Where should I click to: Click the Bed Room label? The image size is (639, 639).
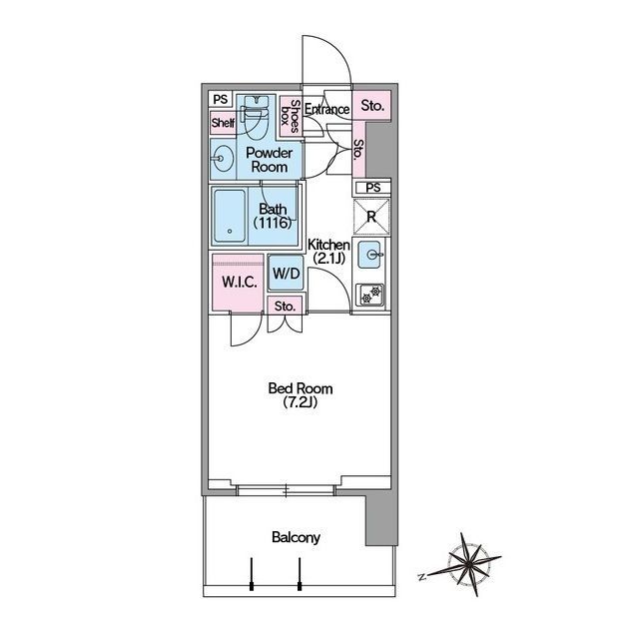click(301, 395)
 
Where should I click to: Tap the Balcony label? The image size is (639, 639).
click(296, 537)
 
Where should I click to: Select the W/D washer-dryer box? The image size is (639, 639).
click(287, 273)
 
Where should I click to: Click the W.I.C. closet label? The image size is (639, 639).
click(240, 282)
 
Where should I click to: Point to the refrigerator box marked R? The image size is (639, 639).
click(371, 217)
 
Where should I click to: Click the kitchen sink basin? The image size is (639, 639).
click(369, 255)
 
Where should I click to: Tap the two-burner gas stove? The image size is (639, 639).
click(370, 295)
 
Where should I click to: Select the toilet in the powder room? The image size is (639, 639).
click(256, 115)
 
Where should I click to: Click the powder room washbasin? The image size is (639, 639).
click(223, 159)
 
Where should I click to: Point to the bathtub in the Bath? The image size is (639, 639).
click(230, 216)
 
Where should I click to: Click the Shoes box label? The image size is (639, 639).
click(291, 116)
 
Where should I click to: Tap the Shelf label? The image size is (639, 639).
click(223, 122)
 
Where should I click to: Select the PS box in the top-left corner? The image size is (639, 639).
click(221, 100)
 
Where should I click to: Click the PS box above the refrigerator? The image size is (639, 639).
click(372, 188)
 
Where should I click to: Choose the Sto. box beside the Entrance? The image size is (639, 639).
click(372, 106)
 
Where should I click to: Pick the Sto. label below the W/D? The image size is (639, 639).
click(285, 307)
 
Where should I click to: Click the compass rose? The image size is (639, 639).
click(465, 564)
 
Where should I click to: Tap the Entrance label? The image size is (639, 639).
click(326, 109)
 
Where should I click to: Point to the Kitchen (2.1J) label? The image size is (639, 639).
click(328, 252)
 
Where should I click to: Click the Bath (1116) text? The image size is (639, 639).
click(273, 216)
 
